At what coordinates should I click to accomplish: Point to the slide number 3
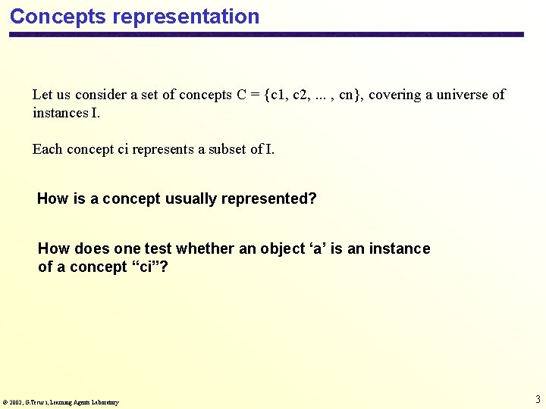tap(538, 399)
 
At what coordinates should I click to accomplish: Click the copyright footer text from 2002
tap(61, 402)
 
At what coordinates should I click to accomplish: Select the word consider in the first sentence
tap(101, 95)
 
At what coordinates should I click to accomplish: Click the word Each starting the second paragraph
tap(47, 148)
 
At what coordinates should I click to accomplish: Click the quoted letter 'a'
tap(321, 248)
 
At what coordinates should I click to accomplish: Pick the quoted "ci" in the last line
tap(143, 267)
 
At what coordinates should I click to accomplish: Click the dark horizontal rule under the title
tap(265, 34)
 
